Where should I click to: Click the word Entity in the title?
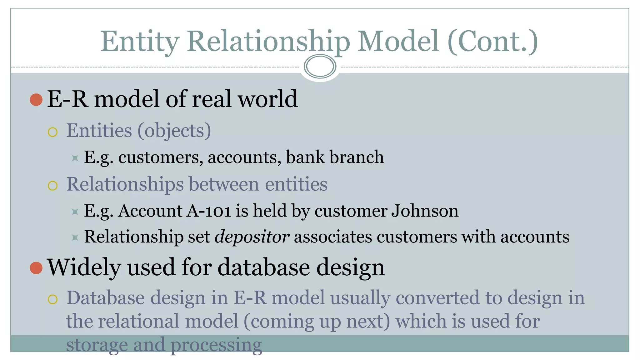point(140,42)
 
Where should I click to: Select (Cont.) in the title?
point(493,42)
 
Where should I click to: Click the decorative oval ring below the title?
point(320,66)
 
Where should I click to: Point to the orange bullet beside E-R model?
point(36,100)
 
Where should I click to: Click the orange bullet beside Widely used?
point(36,268)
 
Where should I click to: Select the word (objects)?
point(174,131)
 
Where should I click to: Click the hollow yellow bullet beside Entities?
point(53,132)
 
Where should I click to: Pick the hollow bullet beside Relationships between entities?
point(53,186)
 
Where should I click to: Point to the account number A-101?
point(208,211)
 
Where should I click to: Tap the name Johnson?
point(425,211)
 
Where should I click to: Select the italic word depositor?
point(252,237)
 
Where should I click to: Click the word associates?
point(333,237)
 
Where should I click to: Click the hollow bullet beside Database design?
point(53,299)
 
